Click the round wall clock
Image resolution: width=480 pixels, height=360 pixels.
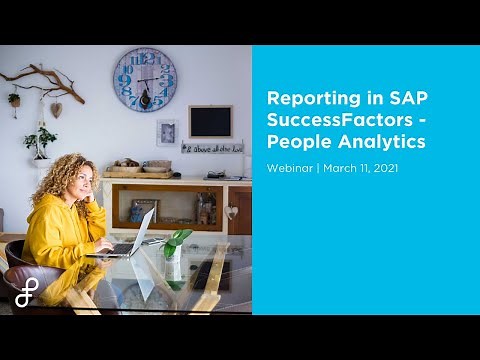pos(145,79)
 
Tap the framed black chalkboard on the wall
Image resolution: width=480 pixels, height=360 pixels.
pos(210,121)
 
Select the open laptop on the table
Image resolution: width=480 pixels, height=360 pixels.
pos(125,235)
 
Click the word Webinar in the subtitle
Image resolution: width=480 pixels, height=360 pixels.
pos(289,168)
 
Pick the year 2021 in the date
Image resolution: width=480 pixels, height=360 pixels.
pos(385,168)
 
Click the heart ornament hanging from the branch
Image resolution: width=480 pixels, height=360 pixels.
pos(56,109)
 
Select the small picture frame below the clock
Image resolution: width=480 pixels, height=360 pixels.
pos(167,132)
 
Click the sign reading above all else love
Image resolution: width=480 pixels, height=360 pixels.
pos(212,147)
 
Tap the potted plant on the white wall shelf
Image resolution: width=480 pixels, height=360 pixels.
pos(40,143)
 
